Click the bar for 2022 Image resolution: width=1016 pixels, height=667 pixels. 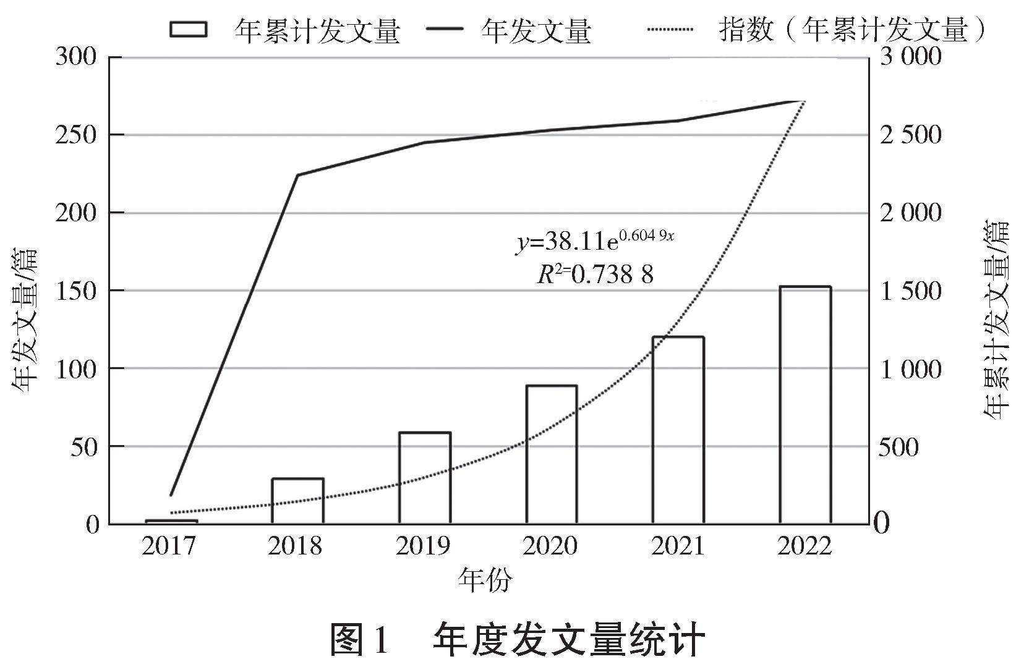pyautogui.click(x=805, y=405)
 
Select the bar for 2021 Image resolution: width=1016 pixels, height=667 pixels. pyautogui.click(x=678, y=430)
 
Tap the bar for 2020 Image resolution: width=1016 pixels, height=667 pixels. pyautogui.click(x=552, y=454)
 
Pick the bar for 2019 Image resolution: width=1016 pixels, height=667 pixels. pyautogui.click(x=425, y=478)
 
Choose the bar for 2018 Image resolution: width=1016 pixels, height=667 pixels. pyautogui.click(x=298, y=501)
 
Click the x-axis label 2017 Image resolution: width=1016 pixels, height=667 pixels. pyautogui.click(x=169, y=546)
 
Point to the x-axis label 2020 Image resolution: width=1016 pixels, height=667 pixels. pyautogui.click(x=550, y=546)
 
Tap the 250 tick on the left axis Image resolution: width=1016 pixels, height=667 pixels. pyautogui.click(x=77, y=135)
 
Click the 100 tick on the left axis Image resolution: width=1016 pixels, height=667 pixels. pyautogui.click(x=77, y=368)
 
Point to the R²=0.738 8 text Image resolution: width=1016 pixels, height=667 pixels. pyautogui.click(x=595, y=274)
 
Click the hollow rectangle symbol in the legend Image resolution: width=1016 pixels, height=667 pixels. pyautogui.click(x=189, y=29)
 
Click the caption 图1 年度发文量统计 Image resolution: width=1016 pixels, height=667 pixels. pyautogui.click(x=518, y=640)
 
